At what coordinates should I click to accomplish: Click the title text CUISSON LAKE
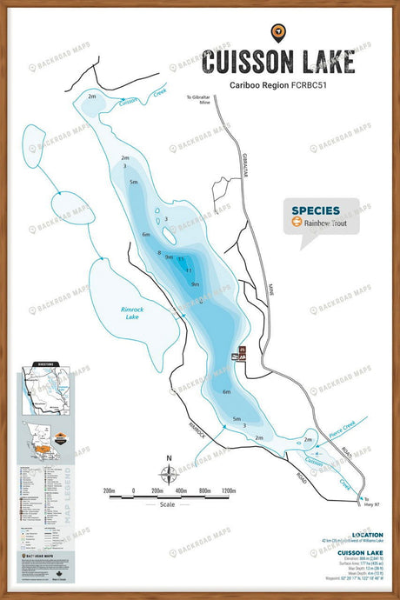(277, 63)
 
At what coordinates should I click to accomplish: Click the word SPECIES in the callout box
(316, 210)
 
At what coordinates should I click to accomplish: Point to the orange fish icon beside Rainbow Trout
(297, 222)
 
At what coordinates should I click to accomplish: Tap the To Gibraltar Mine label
(200, 99)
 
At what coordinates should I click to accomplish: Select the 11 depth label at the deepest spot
(188, 270)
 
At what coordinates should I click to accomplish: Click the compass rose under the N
(169, 474)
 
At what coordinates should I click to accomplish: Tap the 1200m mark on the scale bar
(229, 491)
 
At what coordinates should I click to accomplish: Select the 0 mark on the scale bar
(133, 491)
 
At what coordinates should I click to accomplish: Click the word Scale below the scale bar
(168, 504)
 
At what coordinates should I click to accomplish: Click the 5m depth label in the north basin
(133, 183)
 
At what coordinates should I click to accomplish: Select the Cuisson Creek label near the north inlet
(129, 101)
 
